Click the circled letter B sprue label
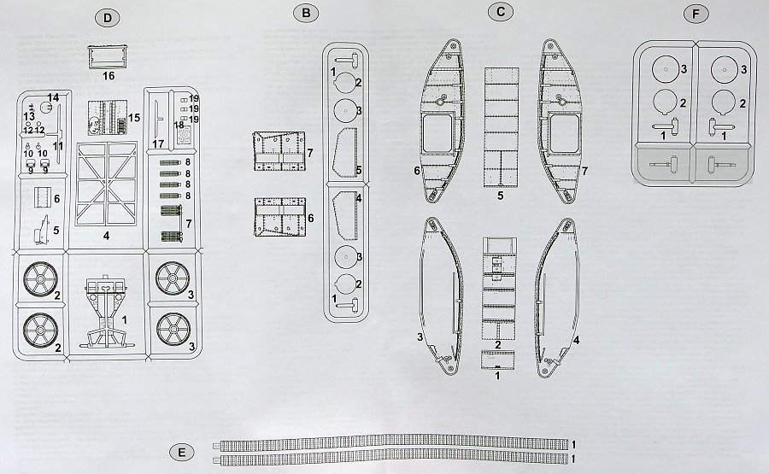[x=305, y=14]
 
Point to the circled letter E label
[x=177, y=451]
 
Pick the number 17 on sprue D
[x=157, y=143]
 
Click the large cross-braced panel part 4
[x=107, y=184]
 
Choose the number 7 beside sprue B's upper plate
[x=311, y=152]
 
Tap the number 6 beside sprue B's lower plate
[x=311, y=219]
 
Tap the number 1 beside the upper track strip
[x=574, y=445]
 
